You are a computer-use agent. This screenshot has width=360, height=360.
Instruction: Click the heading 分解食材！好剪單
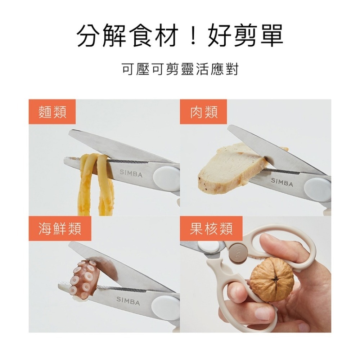coord(180,36)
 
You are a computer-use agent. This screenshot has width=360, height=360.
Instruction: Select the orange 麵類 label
coord(52,112)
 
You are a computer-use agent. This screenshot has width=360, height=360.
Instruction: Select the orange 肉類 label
coord(203,112)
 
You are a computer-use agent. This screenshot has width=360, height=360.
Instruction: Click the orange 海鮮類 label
coord(60,229)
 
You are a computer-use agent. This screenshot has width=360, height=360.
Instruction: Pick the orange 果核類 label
coord(211,229)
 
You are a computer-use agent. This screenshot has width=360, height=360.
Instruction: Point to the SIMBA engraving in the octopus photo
coord(128,301)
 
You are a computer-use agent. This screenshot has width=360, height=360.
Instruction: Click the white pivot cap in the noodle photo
coord(166,177)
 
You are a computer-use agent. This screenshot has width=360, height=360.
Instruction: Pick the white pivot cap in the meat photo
coord(318,187)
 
